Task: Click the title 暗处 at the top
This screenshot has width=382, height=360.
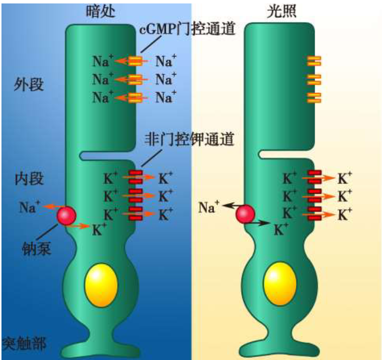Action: pos(101,11)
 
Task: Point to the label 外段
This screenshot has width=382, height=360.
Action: pos(29,85)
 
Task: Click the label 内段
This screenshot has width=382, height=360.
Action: pos(29,179)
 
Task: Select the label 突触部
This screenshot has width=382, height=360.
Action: pos(24,343)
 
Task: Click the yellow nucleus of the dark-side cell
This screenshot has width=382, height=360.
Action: pos(101,285)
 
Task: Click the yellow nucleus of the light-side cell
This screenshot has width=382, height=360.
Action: pos(280,285)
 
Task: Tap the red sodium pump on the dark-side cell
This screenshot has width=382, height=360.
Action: pos(66,215)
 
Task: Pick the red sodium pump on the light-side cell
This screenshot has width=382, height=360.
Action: pos(245,214)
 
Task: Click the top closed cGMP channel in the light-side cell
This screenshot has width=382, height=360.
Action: pos(314,61)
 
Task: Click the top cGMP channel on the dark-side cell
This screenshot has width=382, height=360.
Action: pos(136,61)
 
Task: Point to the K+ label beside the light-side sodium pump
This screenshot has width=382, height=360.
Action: pos(281,229)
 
